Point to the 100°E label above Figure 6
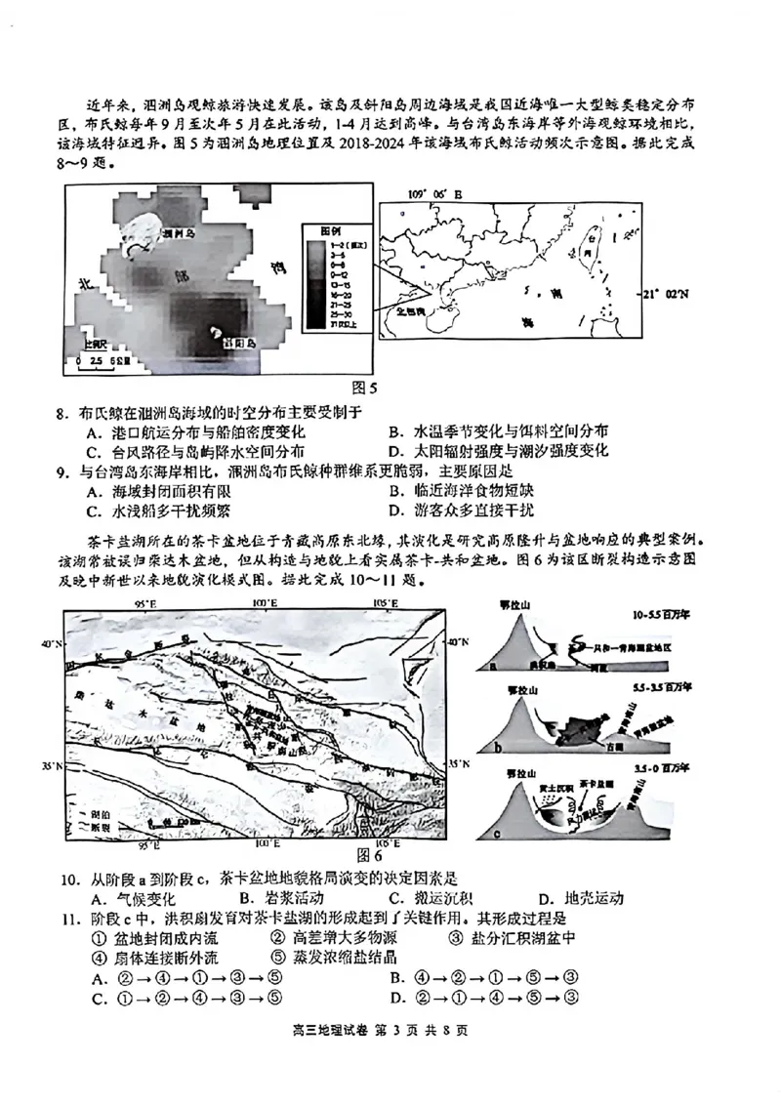click(263, 605)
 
